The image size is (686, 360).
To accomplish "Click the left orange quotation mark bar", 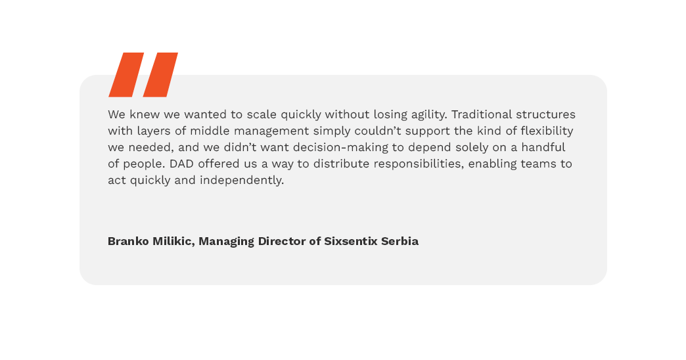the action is click(126, 75).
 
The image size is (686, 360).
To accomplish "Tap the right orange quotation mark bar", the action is click(160, 75).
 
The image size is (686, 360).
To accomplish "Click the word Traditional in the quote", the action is click(482, 114).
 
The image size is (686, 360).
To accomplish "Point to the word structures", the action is click(545, 114).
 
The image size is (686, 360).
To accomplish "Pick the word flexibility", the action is click(547, 131).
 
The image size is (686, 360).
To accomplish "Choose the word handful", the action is click(543, 147).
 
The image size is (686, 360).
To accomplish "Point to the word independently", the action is click(242, 181).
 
